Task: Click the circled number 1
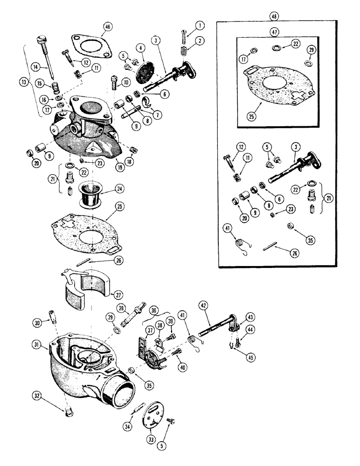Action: [198, 24]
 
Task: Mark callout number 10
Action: [126, 82]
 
